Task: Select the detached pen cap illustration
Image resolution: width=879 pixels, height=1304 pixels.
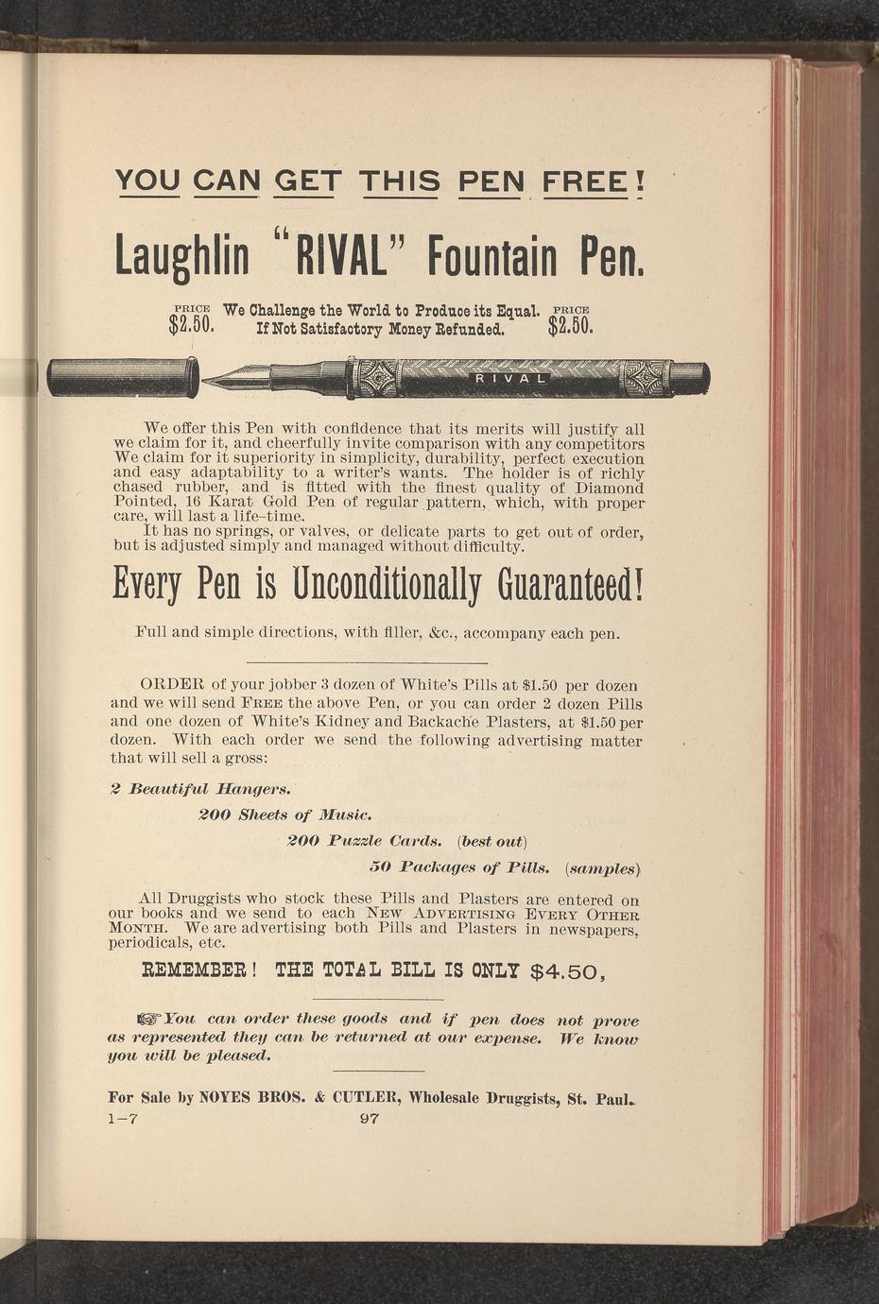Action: (123, 378)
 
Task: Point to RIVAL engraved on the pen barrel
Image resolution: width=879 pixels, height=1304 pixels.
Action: (510, 379)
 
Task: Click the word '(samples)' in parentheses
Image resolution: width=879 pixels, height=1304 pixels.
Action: (604, 867)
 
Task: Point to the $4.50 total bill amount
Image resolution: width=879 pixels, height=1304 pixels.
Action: (568, 970)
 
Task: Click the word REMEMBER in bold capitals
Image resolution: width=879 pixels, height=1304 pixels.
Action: (195, 969)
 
